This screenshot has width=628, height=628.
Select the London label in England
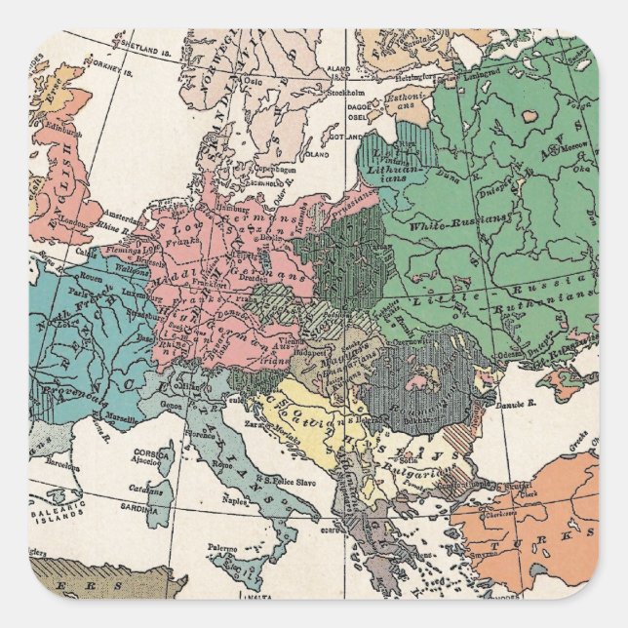click(x=73, y=221)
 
